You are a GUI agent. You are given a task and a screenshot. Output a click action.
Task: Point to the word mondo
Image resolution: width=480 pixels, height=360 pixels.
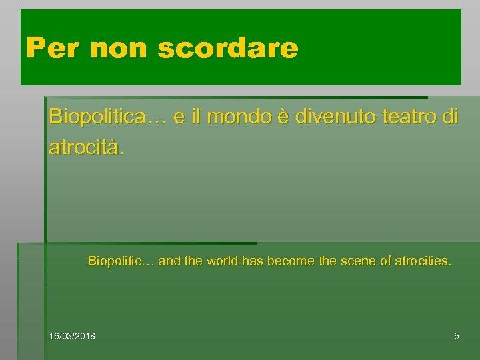click(238, 117)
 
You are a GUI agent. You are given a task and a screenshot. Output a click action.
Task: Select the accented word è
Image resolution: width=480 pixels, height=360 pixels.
click(281, 117)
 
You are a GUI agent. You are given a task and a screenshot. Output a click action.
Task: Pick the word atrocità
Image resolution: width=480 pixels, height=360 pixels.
click(86, 147)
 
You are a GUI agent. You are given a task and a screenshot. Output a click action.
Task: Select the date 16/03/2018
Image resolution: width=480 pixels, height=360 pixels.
click(72, 336)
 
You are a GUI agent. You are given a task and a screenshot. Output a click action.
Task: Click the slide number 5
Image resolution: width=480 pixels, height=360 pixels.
click(456, 336)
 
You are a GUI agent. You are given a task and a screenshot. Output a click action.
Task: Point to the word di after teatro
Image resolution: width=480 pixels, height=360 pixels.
click(451, 117)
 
